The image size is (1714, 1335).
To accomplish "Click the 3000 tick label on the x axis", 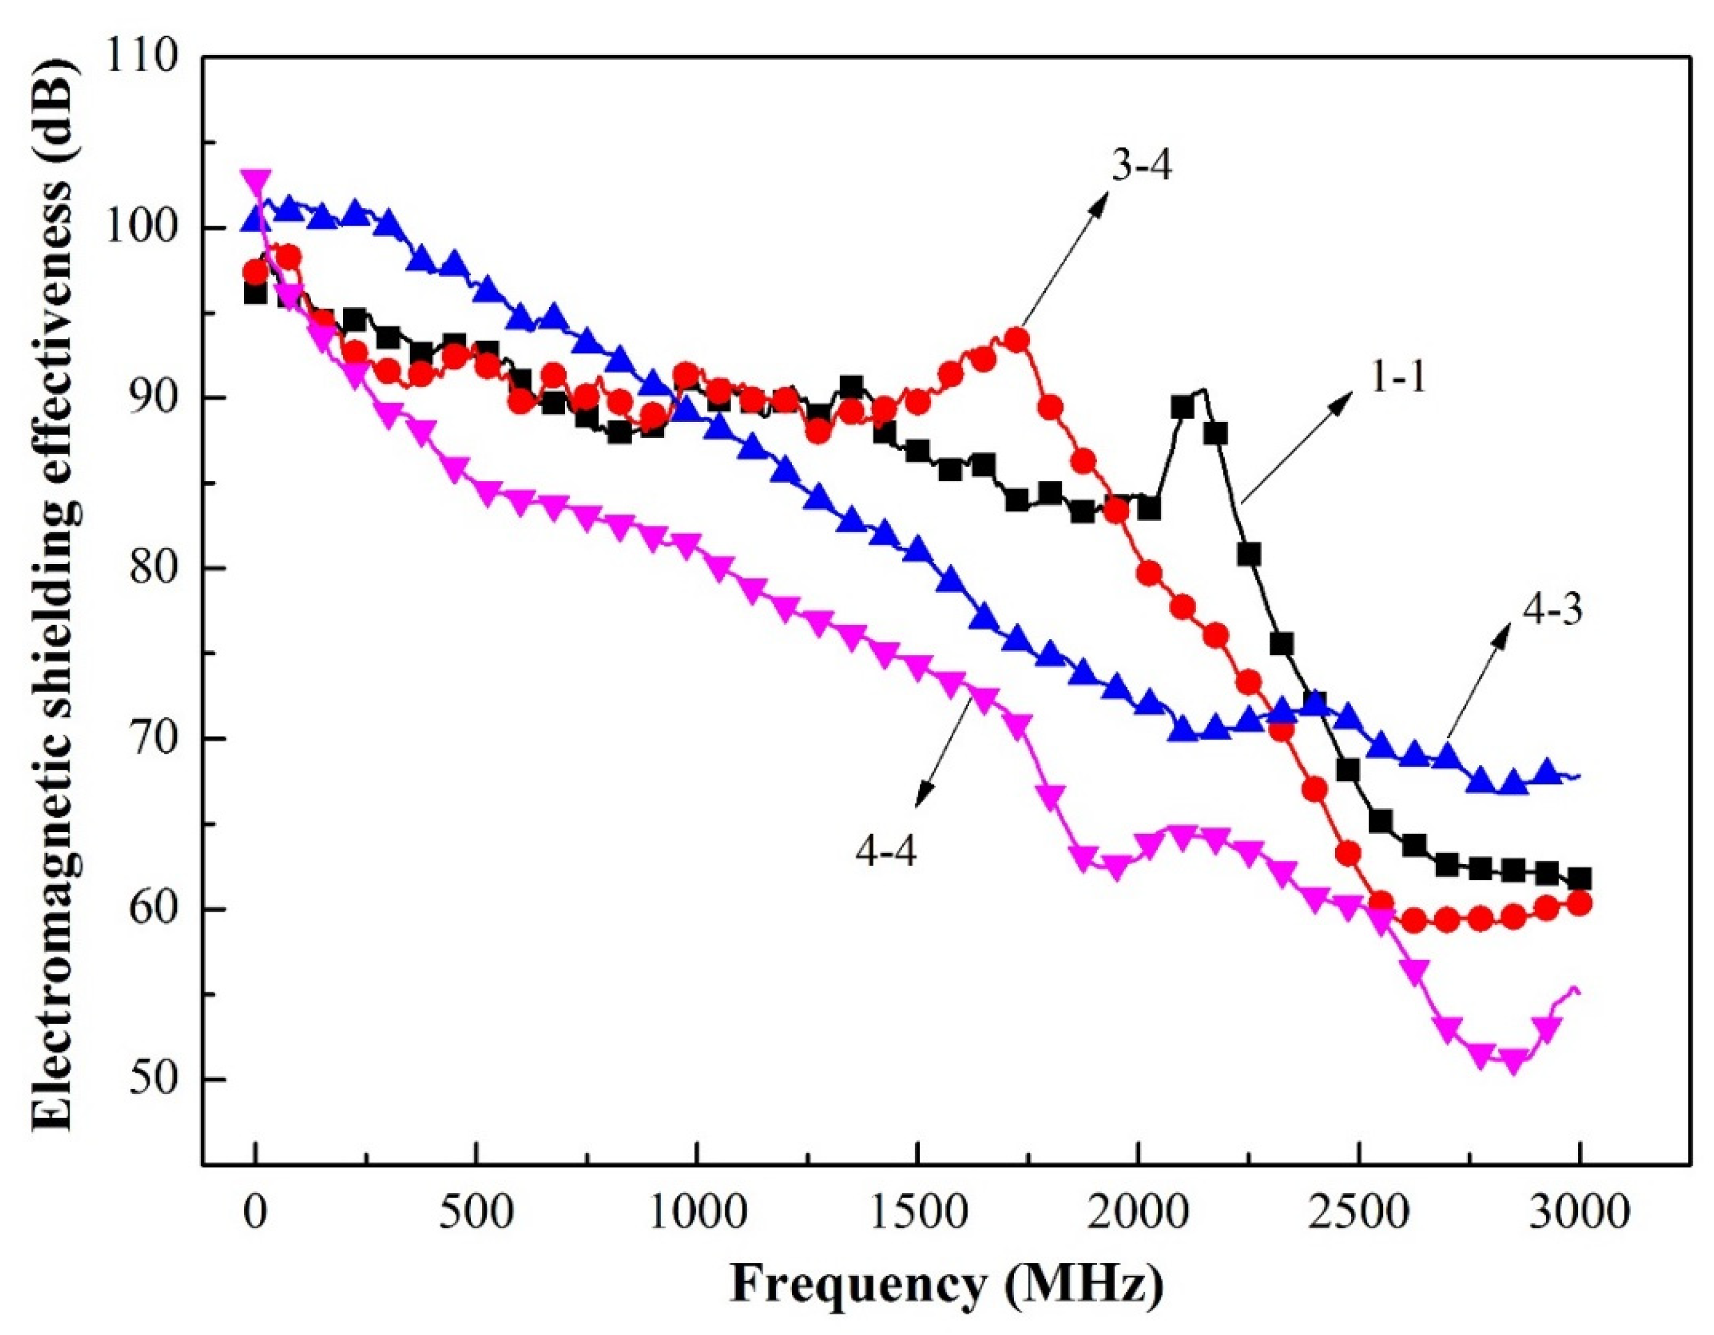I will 1578,1212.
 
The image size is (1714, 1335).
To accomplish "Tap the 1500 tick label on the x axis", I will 917,1212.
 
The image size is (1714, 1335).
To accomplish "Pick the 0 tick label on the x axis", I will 255,1212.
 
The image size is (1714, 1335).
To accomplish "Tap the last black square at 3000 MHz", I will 1580,878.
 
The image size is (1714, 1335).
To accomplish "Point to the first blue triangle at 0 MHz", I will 255,220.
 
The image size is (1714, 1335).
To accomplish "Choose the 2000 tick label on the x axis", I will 1137,1212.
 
